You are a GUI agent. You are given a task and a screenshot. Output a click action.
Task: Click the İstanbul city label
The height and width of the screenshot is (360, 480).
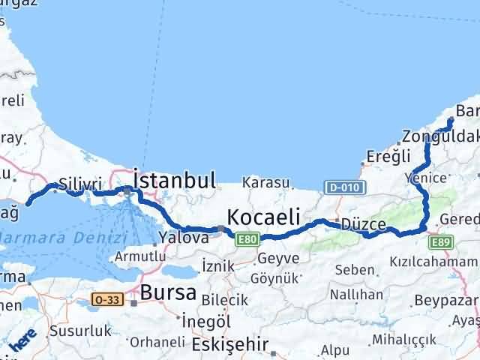(x=175, y=180)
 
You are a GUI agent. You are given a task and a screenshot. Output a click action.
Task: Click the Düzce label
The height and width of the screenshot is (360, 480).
(x=364, y=224)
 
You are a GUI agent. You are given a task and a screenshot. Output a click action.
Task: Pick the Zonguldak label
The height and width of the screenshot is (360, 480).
(x=439, y=137)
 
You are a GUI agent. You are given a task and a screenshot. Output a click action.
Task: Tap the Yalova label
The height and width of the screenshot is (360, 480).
(x=184, y=237)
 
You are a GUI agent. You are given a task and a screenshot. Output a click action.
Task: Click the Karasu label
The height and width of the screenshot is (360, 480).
(x=265, y=182)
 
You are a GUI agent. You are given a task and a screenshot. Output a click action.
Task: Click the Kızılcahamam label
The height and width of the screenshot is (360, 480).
(x=433, y=261)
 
